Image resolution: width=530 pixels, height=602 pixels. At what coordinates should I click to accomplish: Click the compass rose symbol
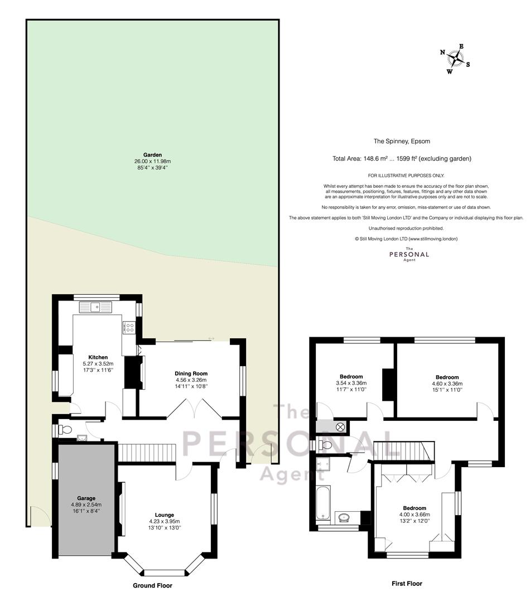coord(455,59)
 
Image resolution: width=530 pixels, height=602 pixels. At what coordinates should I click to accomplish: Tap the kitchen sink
coord(96,307)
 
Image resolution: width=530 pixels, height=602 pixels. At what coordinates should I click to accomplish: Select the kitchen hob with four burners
coord(129,328)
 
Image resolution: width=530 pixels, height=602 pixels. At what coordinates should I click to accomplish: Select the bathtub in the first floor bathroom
coord(323,503)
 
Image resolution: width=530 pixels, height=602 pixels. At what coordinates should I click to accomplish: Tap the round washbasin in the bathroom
coord(343,518)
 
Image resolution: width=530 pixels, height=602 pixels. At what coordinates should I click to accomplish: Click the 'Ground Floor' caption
coord(152,585)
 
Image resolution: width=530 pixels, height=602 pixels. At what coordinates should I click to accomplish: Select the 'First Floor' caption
coord(407,584)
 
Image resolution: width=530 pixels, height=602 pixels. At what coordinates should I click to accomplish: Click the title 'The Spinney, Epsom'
coord(402,141)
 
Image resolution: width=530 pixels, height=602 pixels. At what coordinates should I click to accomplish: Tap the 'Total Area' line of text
coord(402,158)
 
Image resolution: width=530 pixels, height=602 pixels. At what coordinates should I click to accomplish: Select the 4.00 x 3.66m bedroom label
coord(415,514)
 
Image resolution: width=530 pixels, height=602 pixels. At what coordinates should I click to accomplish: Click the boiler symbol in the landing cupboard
coord(340,426)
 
